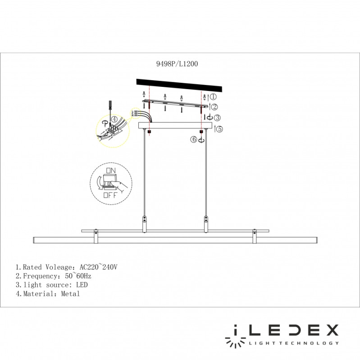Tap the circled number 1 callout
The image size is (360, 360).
pyautogui.click(x=214, y=97)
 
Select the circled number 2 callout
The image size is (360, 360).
pyautogui.click(x=215, y=107)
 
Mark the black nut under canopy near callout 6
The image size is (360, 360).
pyautogui.click(x=201, y=132)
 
